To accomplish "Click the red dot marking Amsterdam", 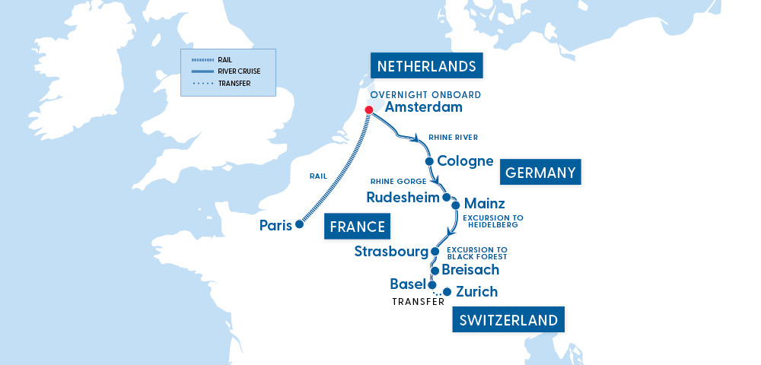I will tap(368, 110).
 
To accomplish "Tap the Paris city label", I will tap(275, 225).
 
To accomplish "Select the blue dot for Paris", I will tap(299, 224).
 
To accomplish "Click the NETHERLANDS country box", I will tap(427, 66).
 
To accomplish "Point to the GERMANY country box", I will tap(540, 173).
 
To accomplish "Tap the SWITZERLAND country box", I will tap(508, 320).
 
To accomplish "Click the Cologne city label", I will tap(465, 161).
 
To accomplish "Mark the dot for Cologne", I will tap(429, 161).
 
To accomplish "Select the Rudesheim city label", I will tap(403, 198).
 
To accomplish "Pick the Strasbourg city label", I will tap(391, 252).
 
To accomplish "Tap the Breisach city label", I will tap(470, 270).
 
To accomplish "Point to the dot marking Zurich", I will tap(447, 291).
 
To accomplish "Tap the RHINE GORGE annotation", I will tap(398, 182).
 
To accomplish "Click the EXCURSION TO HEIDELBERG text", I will tap(492, 221).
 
